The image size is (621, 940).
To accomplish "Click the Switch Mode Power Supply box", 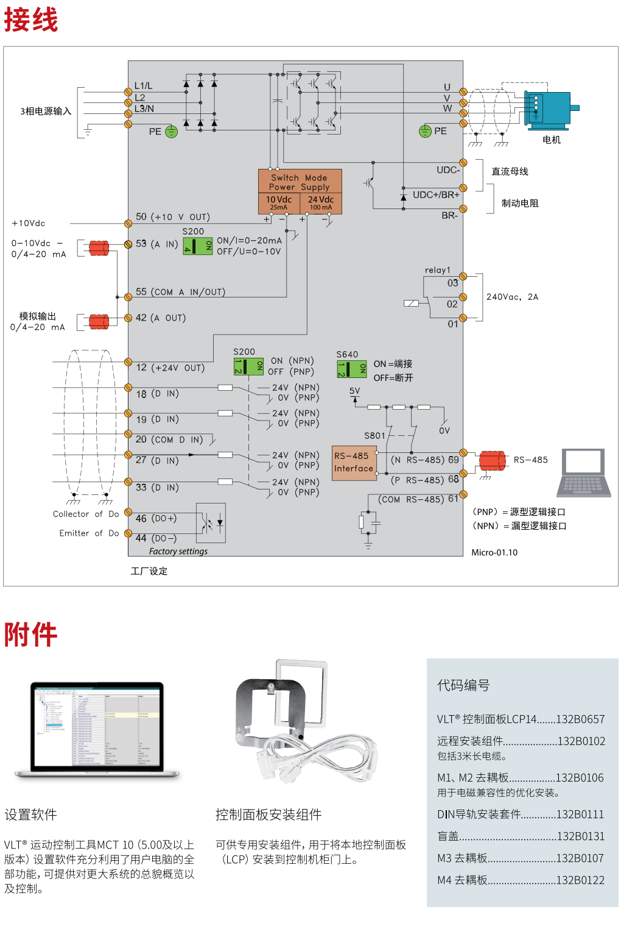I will (300, 191).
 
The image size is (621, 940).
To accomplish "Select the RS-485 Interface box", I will (354, 463).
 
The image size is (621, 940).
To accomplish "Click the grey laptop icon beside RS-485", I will (584, 473).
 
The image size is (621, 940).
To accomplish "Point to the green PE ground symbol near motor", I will (425, 131).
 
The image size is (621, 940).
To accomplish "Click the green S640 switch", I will (351, 369).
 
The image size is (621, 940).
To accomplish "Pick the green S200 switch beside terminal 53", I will (198, 246).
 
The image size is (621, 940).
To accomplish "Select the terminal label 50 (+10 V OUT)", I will (172, 217).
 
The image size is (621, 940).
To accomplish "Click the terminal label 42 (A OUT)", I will (160, 318).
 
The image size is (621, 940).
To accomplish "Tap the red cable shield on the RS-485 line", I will (492, 460).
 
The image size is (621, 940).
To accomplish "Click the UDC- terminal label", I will (448, 169).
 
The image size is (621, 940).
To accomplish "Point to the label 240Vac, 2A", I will (512, 297).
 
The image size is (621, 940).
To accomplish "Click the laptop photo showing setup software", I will (97, 730).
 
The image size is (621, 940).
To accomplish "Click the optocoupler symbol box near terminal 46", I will (211, 522).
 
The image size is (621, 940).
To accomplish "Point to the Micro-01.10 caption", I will (494, 552).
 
